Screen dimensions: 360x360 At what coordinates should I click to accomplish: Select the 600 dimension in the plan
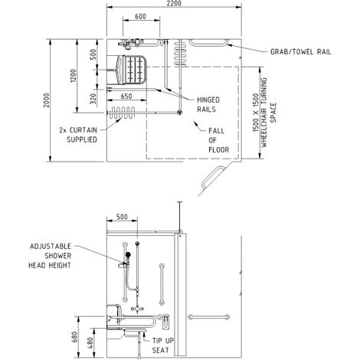click(141, 16)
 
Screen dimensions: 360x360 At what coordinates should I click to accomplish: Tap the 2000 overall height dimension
click(47, 103)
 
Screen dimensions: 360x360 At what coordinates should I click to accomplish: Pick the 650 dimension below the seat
click(127, 97)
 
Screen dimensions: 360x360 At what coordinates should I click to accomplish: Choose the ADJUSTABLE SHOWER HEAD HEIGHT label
click(51, 255)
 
